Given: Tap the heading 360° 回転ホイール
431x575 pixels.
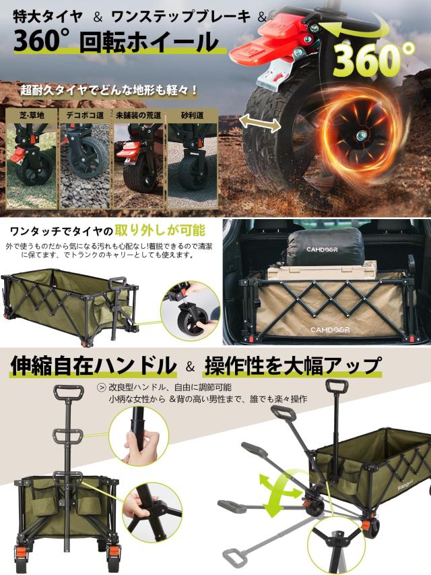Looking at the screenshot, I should point(114,43).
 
